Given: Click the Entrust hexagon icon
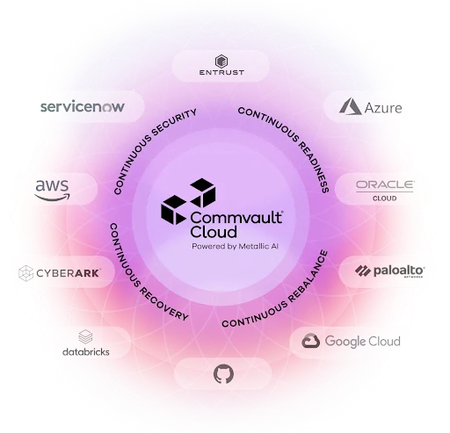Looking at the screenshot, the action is [221, 61].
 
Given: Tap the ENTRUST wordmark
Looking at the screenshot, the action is [221, 72].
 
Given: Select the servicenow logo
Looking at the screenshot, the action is [83, 106].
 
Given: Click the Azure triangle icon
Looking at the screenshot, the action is [350, 106].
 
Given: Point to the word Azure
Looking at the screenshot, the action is [383, 108].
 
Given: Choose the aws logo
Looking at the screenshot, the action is [53, 191].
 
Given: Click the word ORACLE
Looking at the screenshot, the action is [385, 184].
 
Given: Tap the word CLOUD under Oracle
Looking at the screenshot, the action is [385, 198].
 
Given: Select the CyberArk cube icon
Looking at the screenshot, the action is [26, 273].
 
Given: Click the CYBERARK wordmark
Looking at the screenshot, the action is [69, 273].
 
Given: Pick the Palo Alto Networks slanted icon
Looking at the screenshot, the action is [363, 271].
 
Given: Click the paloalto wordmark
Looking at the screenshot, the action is [399, 271].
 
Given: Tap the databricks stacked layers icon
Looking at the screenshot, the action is [85, 337].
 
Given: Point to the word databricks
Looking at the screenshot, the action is [86, 351].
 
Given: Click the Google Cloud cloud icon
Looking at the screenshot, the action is [310, 341].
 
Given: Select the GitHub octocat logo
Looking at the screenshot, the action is [223, 374].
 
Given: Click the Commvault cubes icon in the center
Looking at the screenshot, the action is [188, 201].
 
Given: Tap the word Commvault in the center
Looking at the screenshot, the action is [236, 218].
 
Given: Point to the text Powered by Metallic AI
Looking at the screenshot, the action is [235, 247].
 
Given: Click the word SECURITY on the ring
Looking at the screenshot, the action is [174, 122].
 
